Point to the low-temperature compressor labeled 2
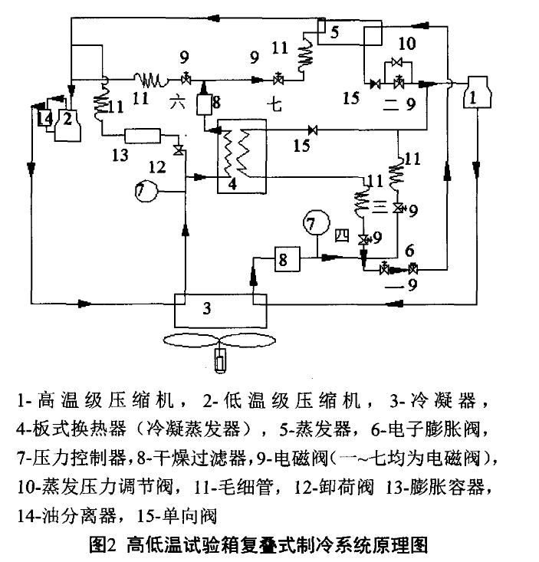(x=67, y=120)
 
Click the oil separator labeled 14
(x=44, y=117)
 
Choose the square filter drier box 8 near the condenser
(x=281, y=261)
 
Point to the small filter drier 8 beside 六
(x=205, y=104)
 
